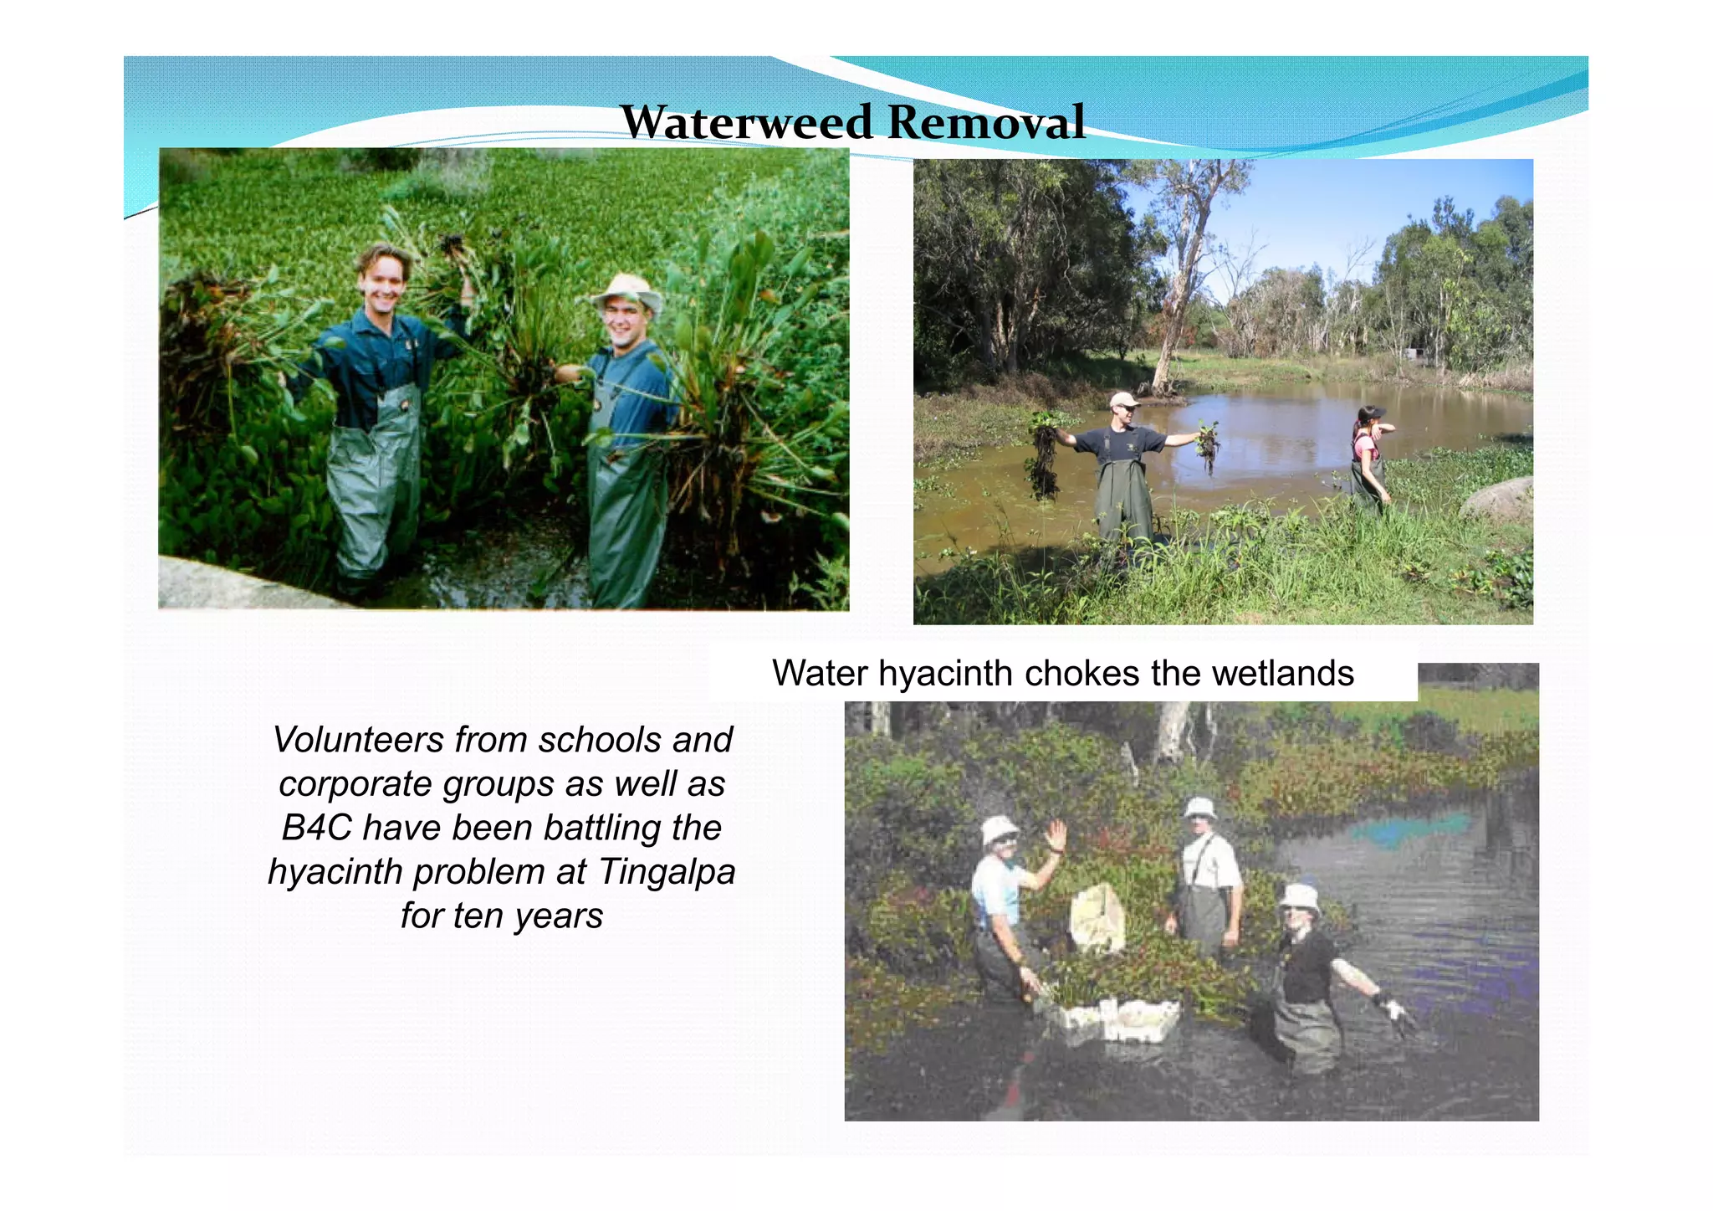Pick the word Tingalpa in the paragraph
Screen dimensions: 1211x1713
point(666,872)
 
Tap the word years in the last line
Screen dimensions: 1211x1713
point(558,916)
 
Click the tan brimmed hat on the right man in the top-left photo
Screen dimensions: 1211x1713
point(626,290)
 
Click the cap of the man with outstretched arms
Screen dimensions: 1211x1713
point(1122,399)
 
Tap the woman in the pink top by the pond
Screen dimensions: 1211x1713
point(1367,452)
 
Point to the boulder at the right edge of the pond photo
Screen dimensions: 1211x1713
point(1499,500)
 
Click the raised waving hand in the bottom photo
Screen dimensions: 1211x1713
point(1056,835)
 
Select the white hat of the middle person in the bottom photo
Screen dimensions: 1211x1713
point(1200,808)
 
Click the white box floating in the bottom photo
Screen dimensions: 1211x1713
point(1112,1021)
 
